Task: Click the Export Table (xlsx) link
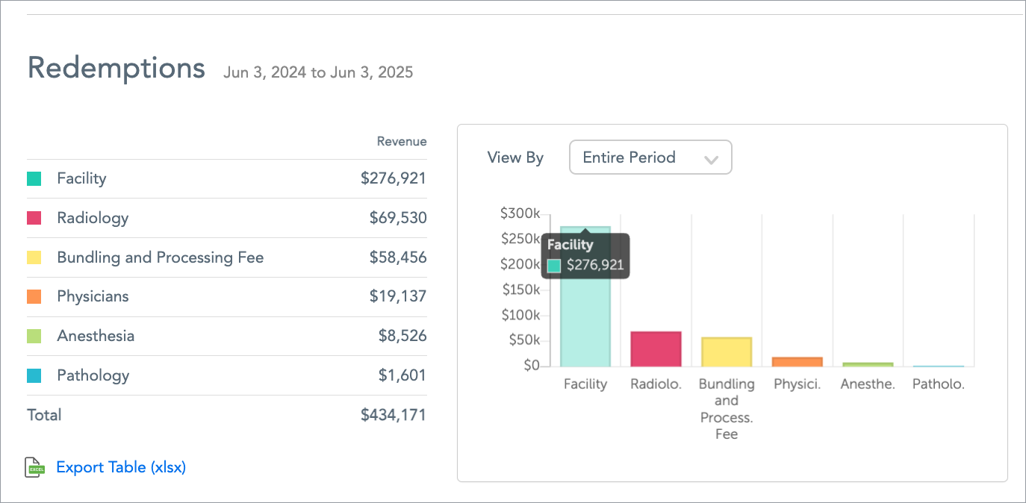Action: coord(121,467)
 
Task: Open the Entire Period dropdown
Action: coord(650,157)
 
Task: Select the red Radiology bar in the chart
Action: coord(656,349)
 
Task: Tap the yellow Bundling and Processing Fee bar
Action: coord(727,352)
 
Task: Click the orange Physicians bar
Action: coord(797,362)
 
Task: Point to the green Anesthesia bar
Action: coord(868,364)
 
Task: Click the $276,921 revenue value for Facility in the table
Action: coord(393,178)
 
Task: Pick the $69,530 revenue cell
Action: coord(398,218)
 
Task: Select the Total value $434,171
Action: coord(393,415)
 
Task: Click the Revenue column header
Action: coord(402,142)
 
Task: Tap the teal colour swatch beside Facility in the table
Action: coord(34,179)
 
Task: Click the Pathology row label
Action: coord(93,375)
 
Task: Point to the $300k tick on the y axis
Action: coord(520,214)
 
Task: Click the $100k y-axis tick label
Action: coord(520,315)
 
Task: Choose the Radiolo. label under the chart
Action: coord(656,385)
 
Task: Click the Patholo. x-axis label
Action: coord(939,385)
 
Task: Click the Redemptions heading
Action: coord(116,68)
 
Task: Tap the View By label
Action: coord(515,157)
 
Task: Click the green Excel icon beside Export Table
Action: coord(35,467)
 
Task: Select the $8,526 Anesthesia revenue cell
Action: coord(402,336)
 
